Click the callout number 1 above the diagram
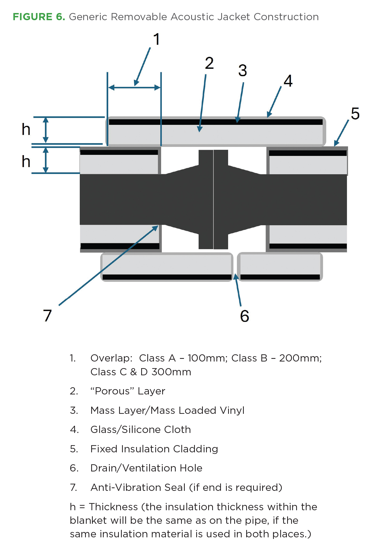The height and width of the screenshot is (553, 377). pos(157,39)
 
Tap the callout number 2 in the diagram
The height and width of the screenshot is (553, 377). pos(209,63)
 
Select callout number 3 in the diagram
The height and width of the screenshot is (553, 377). pos(242,71)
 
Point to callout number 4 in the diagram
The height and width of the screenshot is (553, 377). pos(288,81)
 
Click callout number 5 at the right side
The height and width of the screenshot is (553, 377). pos(355,114)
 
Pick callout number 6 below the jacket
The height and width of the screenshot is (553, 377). pos(245,316)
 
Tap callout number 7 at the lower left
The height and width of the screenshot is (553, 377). pos(47,316)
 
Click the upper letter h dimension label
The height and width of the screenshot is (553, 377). pos(26,130)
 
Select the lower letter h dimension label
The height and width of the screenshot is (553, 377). pos(26,161)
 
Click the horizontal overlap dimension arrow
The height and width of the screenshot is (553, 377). pos(134,88)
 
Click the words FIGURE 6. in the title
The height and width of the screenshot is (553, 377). pos(39,17)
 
